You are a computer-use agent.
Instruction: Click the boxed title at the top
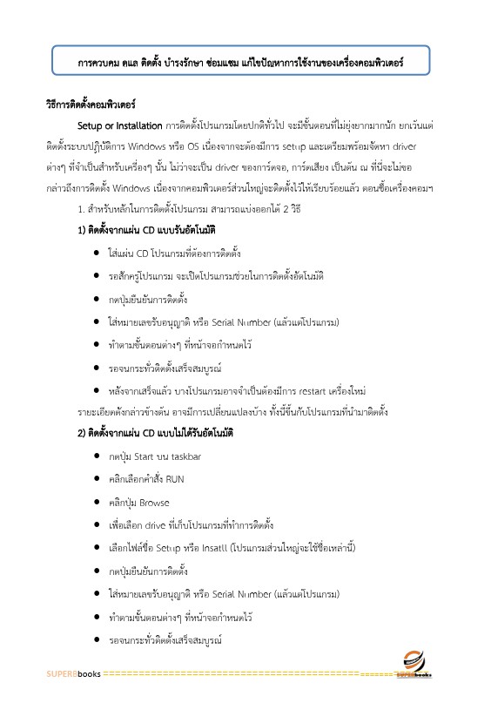click(x=240, y=64)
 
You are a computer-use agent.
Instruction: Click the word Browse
click(x=154, y=503)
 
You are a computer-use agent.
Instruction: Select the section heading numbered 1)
click(x=146, y=229)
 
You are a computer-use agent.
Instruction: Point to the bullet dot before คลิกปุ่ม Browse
click(x=94, y=503)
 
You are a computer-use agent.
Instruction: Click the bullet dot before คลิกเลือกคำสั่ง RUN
click(x=94, y=479)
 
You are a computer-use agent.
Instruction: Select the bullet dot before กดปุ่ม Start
click(x=94, y=456)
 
